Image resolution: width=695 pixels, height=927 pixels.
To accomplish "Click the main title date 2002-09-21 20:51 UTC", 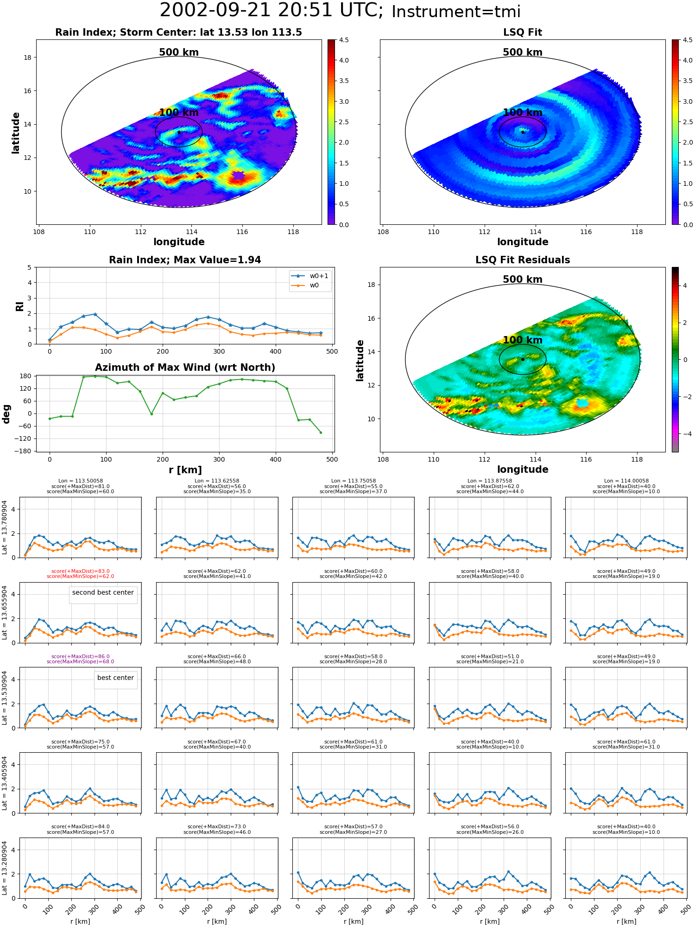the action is point(272,11).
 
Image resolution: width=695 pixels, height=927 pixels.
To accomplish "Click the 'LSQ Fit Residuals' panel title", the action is point(523,260).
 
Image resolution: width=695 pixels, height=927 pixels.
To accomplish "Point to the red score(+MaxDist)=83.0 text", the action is point(80,571).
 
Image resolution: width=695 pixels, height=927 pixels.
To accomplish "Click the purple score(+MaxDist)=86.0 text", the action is point(80,657).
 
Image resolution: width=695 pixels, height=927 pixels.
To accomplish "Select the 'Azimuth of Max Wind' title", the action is point(185,368).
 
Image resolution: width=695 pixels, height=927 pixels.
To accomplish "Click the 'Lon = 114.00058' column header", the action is point(626,481).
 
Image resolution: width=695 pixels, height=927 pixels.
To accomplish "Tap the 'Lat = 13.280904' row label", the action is point(5,868).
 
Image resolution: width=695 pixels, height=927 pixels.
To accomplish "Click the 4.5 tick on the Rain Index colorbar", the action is point(343,40).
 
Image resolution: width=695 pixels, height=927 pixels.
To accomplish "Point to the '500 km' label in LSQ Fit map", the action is point(523,52).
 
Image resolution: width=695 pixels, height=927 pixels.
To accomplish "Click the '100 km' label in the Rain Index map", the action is point(179,113).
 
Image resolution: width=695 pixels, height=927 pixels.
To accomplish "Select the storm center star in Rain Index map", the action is point(179,132).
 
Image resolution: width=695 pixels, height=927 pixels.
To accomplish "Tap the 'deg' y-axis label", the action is point(6,413).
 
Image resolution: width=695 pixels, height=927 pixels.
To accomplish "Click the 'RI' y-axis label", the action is point(19,306).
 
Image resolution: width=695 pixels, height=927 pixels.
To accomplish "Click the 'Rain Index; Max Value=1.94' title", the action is point(185,260).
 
